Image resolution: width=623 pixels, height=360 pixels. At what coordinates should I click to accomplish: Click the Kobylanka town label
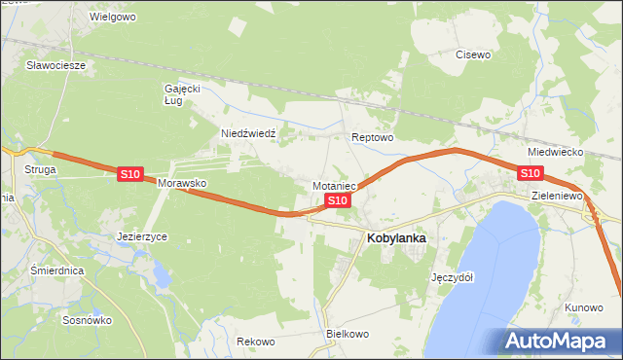pos(397,236)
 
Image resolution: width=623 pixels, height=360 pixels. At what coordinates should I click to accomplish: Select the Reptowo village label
pos(372,138)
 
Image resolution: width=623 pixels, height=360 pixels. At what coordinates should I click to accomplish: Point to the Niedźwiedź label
pos(250,133)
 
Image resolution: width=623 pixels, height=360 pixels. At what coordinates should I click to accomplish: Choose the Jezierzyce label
pos(142,236)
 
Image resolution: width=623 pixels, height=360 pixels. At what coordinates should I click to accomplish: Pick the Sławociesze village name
pos(56,65)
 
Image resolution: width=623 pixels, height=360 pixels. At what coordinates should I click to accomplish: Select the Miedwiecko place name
pos(555,153)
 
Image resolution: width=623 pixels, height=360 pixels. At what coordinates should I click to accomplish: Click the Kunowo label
pos(583,307)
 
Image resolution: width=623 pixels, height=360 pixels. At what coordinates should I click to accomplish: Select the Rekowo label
pos(256,342)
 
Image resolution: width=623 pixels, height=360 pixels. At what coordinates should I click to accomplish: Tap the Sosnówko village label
pos(87,319)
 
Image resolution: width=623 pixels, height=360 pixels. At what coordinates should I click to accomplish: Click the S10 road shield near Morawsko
pos(130,174)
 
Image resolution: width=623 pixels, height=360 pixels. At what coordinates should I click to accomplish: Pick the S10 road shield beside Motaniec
pos(337,200)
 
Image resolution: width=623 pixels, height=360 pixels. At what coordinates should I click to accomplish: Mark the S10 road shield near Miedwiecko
pos(530,173)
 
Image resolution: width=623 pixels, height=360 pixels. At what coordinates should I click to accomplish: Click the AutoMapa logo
pos(559,342)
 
